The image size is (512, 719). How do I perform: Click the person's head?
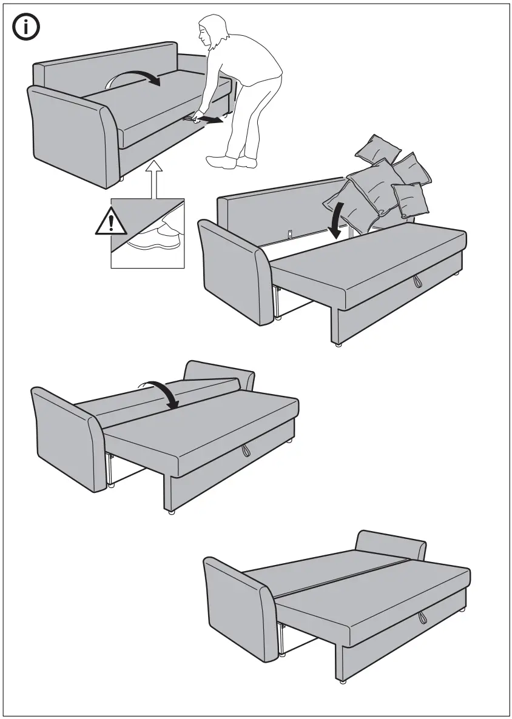point(213,33)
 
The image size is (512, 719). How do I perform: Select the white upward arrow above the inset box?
point(155,179)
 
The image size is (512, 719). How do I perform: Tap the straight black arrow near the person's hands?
point(207,119)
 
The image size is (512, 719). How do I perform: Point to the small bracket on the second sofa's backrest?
point(290,233)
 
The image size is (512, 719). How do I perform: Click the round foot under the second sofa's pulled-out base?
point(337,344)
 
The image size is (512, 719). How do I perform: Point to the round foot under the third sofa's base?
point(172,512)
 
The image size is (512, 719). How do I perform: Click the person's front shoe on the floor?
point(221,162)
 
